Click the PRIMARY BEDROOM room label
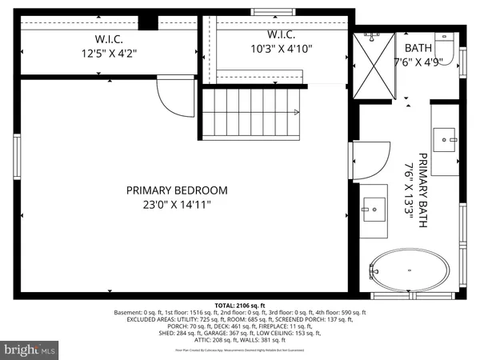point(177,190)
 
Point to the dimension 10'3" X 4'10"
point(282,48)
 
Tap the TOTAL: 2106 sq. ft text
point(240,305)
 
